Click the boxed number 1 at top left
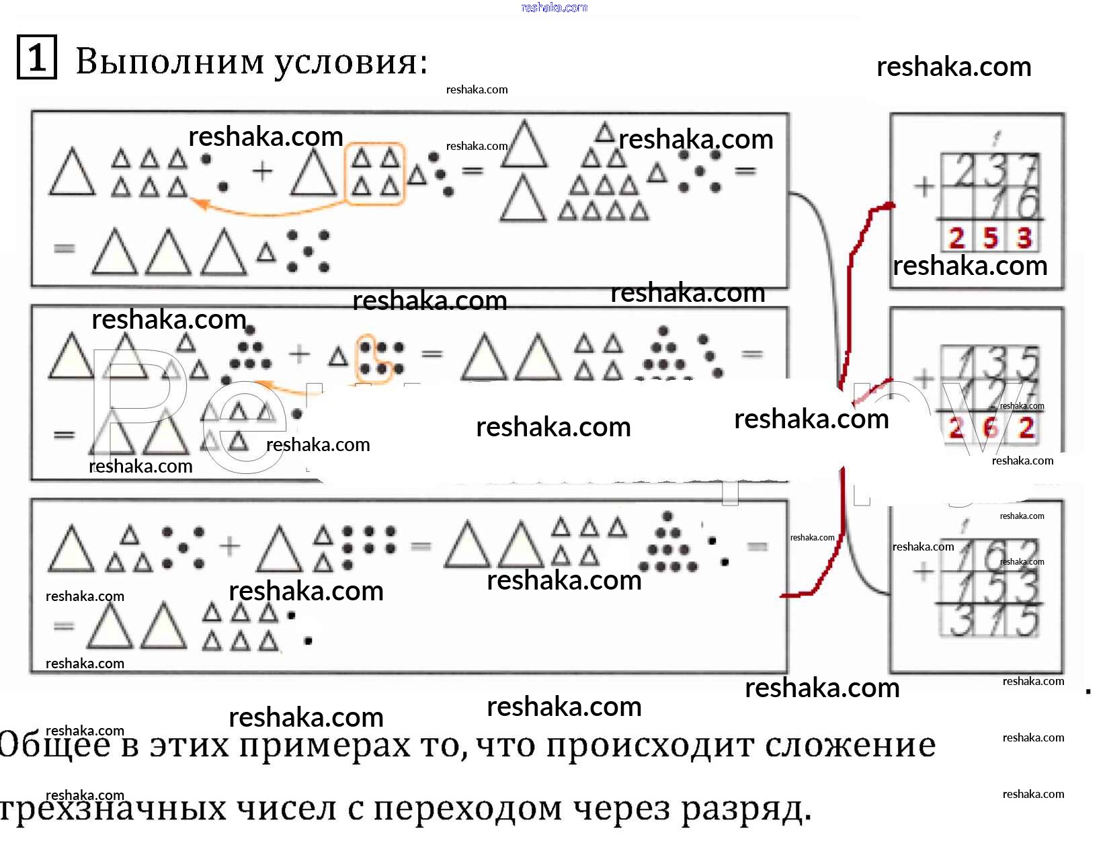coord(36,58)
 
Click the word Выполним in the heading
coord(170,62)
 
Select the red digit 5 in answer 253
coord(990,238)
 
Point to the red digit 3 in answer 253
coord(1024,238)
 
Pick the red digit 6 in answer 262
coord(990,428)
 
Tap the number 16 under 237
coord(1016,203)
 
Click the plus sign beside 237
coord(924,186)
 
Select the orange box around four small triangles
coord(375,173)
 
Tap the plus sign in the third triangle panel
coord(230,546)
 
